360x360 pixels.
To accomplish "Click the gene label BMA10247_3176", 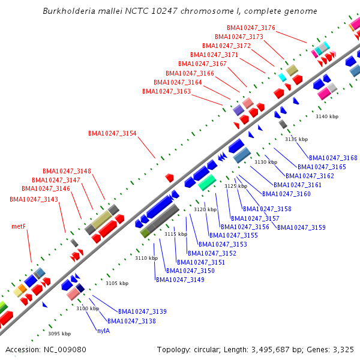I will [251, 28].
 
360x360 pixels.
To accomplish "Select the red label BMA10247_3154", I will [112, 133].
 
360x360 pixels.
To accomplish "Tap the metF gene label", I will [19, 227].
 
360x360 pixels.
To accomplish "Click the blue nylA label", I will [103, 331].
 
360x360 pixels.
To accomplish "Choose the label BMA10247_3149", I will [180, 280].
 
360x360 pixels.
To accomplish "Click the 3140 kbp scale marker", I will [327, 116].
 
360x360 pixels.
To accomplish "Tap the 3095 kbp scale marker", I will [59, 334].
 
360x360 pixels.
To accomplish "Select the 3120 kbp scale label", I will [205, 209].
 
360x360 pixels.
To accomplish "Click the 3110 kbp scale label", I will [146, 258].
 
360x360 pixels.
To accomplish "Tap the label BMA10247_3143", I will [34, 199].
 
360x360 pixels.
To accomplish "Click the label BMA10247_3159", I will [301, 227].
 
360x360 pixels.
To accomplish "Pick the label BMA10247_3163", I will [166, 91].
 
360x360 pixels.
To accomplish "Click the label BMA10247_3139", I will [142, 311].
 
